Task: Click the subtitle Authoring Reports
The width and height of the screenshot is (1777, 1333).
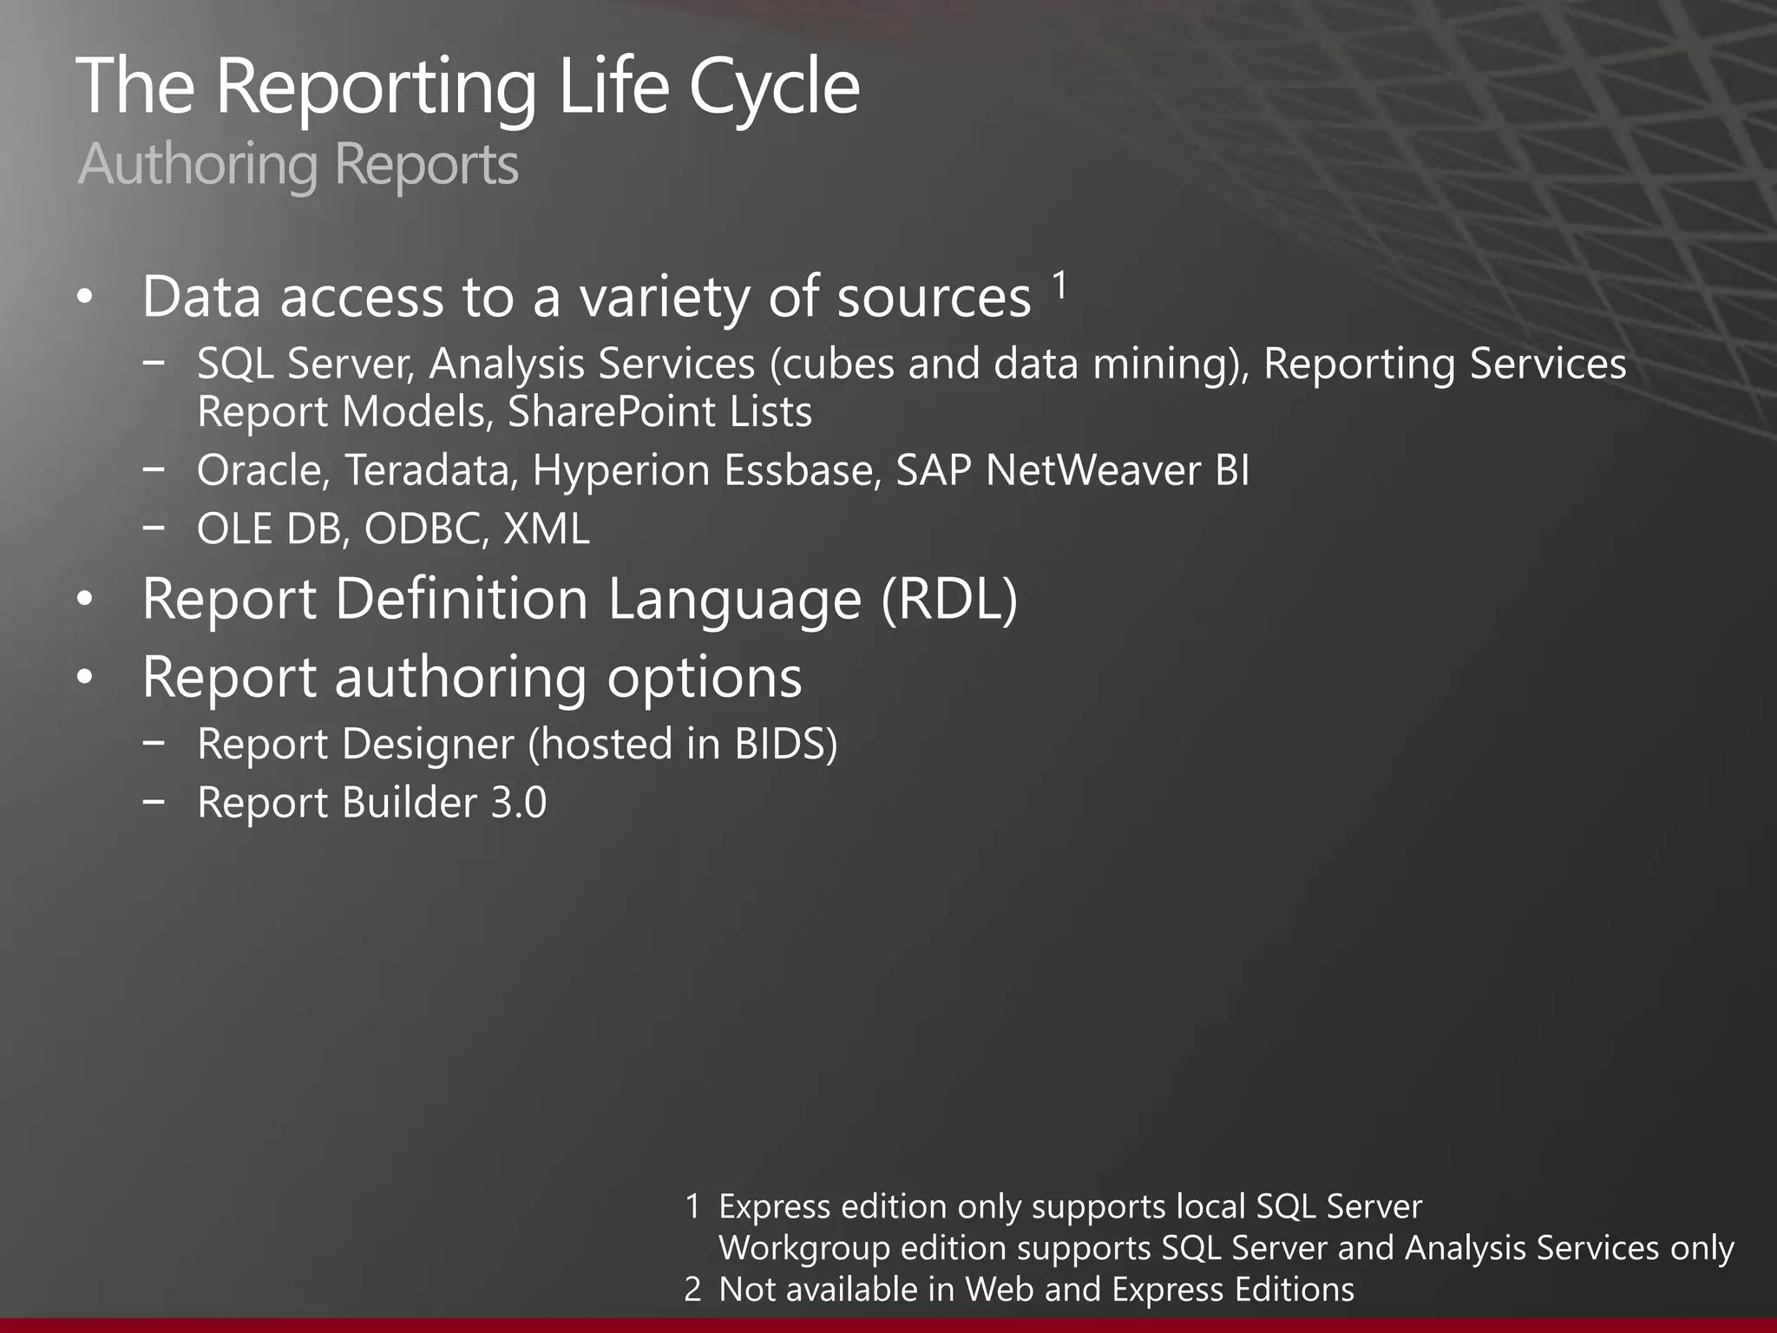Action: [x=298, y=164]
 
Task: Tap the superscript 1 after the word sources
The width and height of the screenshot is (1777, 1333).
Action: [x=1059, y=285]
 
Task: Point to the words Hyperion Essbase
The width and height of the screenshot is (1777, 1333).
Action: [x=706, y=471]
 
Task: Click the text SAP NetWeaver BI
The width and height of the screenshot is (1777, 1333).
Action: [x=1072, y=471]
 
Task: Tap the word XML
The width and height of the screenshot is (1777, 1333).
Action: [x=547, y=529]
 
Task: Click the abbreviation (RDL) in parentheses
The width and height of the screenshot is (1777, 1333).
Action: [x=949, y=600]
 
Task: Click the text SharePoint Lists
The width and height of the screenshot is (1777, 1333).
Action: [x=659, y=412]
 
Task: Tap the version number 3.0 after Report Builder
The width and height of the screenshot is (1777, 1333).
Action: [x=519, y=803]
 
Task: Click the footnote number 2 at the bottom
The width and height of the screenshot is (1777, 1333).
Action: [x=692, y=1290]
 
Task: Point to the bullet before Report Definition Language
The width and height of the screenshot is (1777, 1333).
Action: [x=84, y=601]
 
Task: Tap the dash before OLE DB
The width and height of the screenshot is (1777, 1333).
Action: [x=154, y=526]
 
